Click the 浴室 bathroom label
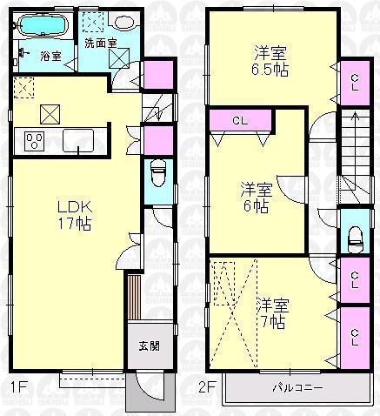(50, 54)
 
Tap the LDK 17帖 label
(75, 215)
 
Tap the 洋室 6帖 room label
(255, 198)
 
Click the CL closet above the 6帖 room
(239, 120)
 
